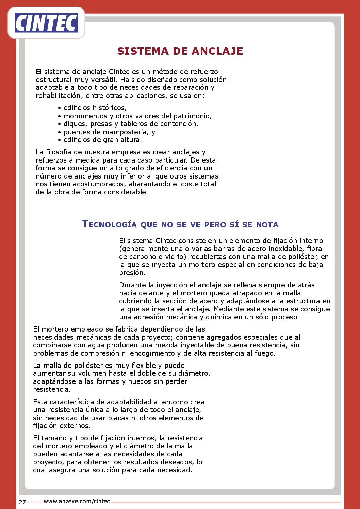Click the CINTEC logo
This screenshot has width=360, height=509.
tap(46, 23)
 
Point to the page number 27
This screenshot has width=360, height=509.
tap(22, 502)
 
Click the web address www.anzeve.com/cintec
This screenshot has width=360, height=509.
tap(77, 501)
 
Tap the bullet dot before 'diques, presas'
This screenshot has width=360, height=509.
tap(60, 124)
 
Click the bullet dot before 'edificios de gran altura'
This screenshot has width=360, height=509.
tap(60, 140)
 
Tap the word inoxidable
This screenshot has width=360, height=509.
tap(281, 249)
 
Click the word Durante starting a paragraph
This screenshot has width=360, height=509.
tap(132, 285)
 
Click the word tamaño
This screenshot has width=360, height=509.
tap(54, 438)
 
